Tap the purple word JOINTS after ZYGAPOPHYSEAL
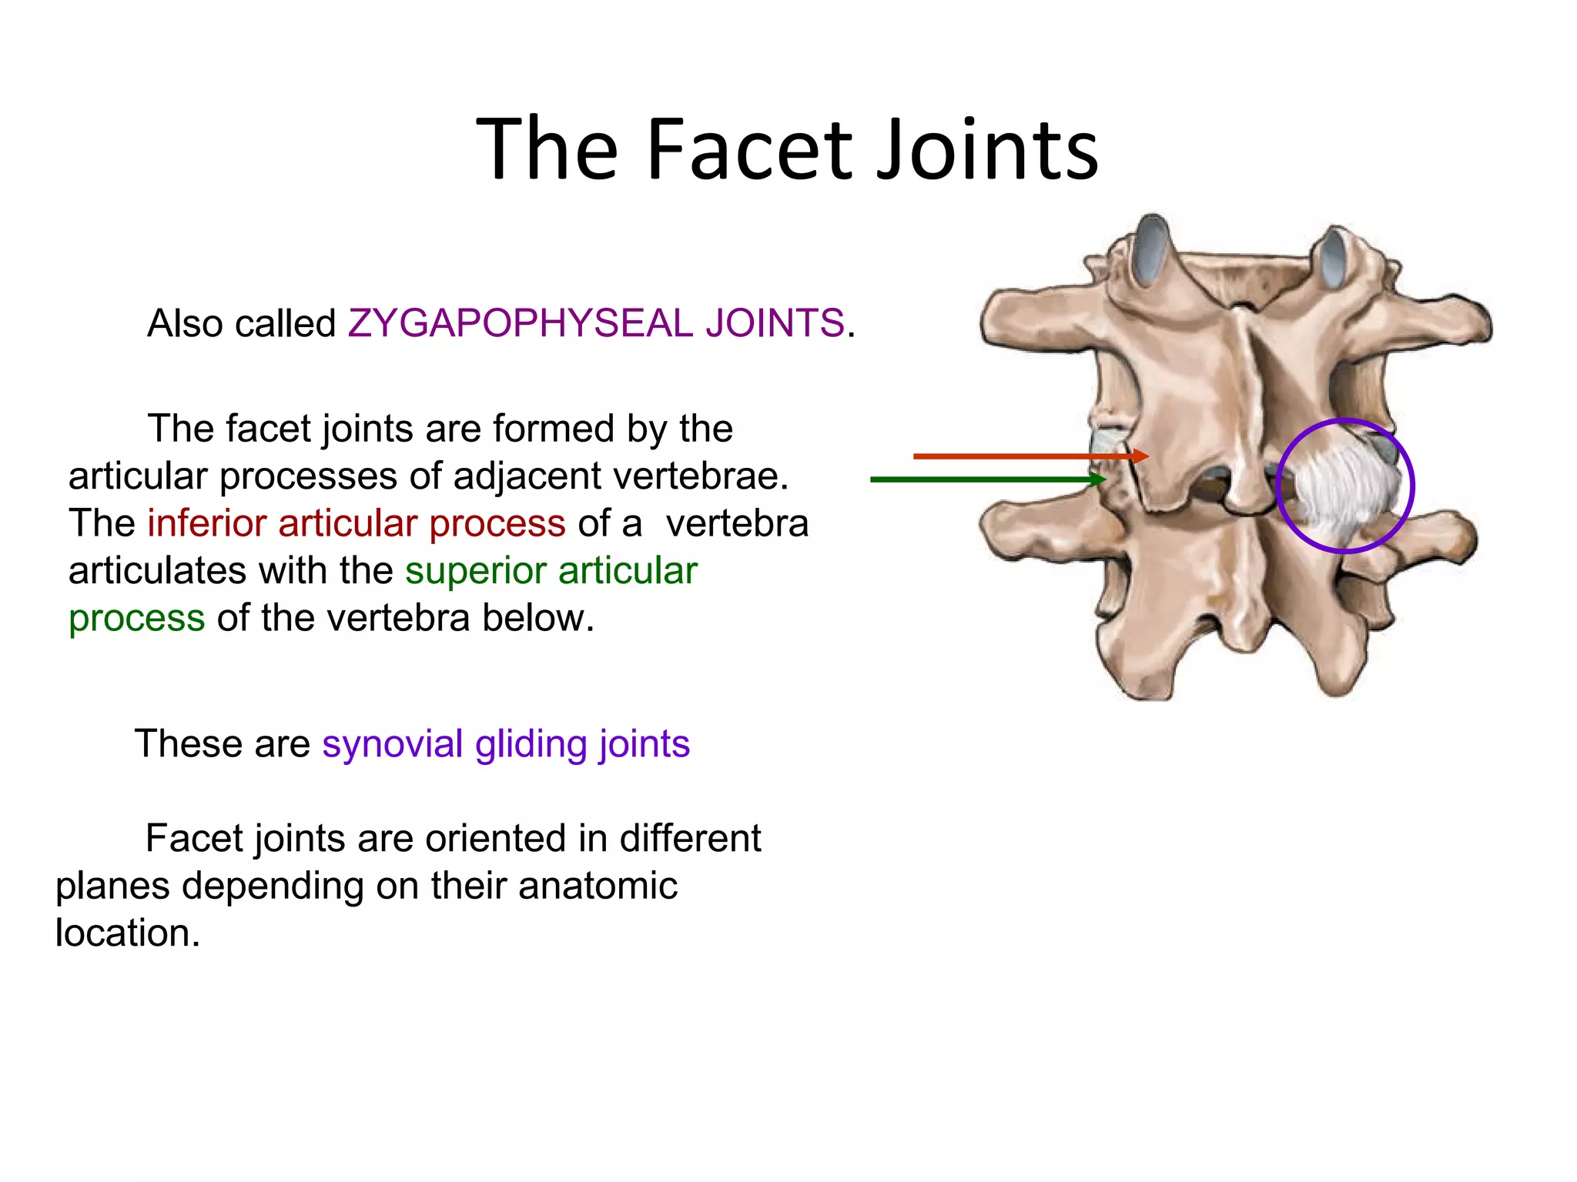point(775,323)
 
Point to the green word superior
point(475,571)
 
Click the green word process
point(136,619)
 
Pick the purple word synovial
point(392,744)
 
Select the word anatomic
point(598,886)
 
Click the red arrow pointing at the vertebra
point(1024,456)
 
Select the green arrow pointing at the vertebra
point(986,479)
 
